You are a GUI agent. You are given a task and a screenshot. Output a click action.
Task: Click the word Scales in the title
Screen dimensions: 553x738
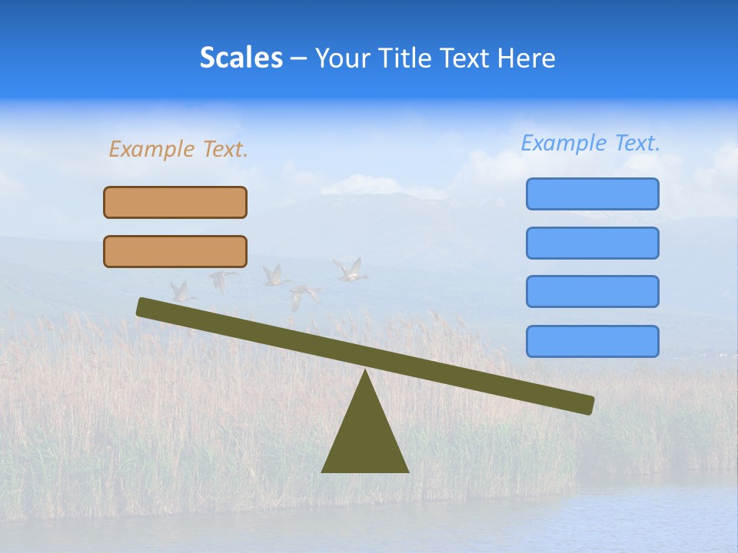click(241, 58)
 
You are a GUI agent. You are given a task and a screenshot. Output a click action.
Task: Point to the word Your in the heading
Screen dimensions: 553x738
click(343, 58)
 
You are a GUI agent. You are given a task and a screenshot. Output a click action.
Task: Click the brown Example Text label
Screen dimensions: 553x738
click(178, 149)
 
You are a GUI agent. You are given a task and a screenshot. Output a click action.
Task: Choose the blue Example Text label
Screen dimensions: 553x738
click(590, 143)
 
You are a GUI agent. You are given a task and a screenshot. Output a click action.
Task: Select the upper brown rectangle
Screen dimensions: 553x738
click(175, 202)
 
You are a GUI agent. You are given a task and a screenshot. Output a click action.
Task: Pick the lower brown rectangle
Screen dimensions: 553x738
click(175, 251)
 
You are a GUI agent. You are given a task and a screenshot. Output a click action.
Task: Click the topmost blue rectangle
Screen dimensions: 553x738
click(592, 194)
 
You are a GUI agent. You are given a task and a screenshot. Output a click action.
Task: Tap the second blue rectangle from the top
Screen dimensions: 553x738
click(592, 243)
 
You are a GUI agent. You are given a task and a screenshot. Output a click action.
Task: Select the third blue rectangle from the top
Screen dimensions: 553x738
click(592, 292)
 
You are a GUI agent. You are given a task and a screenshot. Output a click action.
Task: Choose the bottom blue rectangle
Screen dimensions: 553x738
click(592, 341)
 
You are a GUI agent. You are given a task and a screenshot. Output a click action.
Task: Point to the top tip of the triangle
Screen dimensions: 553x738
click(365, 372)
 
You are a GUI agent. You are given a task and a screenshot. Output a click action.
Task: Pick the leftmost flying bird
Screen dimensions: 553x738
click(181, 291)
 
